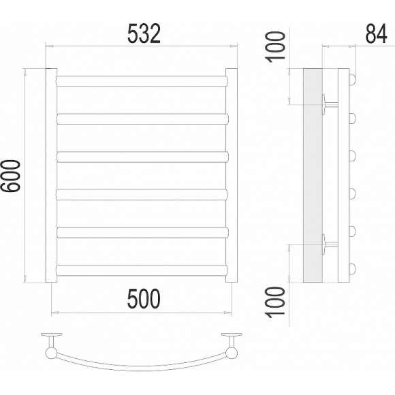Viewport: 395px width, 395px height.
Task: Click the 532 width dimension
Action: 144,34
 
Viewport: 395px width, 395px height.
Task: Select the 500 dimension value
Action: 144,299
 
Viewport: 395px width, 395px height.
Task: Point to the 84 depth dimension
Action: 376,34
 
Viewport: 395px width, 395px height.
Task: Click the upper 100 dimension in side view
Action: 276,47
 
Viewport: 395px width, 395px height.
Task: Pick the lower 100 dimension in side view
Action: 276,302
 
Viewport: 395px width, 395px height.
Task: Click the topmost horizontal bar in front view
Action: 142,81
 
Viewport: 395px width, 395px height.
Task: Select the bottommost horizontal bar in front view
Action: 142,270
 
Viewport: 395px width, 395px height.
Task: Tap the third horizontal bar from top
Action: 142,157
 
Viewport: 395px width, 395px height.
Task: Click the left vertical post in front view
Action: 51,175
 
